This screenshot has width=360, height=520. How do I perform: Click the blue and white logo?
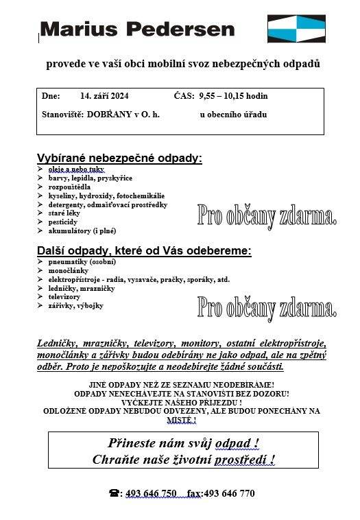coord(296,29)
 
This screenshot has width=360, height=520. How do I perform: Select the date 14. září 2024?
coord(104,96)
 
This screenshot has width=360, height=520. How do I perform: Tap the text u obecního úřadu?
coord(233,114)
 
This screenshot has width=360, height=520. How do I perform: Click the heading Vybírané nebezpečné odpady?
coord(119,158)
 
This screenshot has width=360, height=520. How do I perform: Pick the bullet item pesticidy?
coord(63,222)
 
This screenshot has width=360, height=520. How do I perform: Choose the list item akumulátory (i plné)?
coord(82,231)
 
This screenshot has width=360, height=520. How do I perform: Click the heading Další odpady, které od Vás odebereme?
coord(144,251)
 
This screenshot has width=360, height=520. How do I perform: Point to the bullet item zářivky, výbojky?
coord(75,306)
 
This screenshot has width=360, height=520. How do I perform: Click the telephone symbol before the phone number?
coord(114,493)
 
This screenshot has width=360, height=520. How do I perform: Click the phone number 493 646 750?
coord(151,493)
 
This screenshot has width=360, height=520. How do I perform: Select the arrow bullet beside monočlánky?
coord(40,271)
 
